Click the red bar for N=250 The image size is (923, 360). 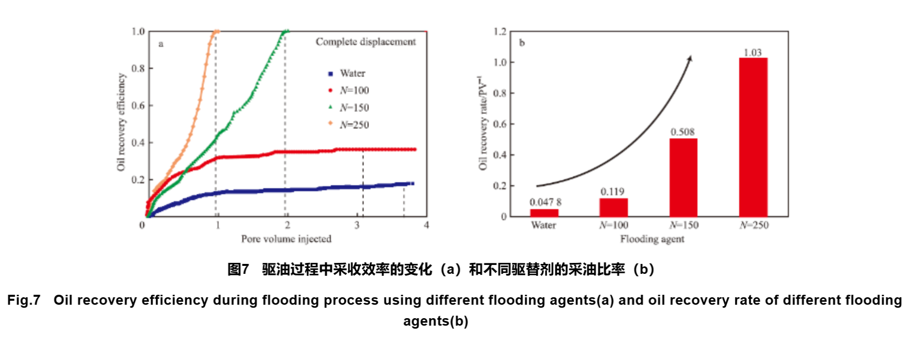click(753, 137)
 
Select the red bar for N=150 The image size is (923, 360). click(683, 177)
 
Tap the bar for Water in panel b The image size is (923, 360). click(544, 213)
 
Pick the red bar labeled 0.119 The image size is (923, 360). click(613, 207)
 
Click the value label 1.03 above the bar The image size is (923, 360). click(753, 52)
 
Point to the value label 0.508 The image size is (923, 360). click(682, 132)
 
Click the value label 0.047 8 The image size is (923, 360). click(545, 202)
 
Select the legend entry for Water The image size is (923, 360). click(347, 73)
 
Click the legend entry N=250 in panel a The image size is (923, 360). click(349, 124)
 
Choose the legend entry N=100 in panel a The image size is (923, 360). click(349, 90)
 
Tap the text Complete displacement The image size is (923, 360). click(366, 42)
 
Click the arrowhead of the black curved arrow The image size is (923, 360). click(690, 58)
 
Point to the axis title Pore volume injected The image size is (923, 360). click(286, 239)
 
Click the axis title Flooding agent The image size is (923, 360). click(652, 239)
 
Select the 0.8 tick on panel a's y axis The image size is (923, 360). click(138, 68)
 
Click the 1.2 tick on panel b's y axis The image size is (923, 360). click(500, 32)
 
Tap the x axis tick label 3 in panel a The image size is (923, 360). click(357, 226)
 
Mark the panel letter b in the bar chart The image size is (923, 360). click(522, 43)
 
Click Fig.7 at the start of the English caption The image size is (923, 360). click(23, 300)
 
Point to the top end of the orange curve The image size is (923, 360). click(216, 31)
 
